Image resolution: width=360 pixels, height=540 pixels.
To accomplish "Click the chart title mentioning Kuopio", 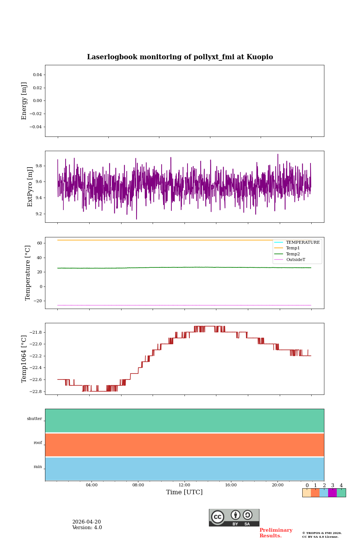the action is point(180,57).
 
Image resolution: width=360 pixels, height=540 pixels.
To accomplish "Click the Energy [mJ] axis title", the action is point(24,101).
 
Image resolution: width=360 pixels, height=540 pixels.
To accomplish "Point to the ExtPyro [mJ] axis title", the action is point(30,187).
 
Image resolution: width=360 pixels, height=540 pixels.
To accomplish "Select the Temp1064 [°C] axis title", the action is point(24,359).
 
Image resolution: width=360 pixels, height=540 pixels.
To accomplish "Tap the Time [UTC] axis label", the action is point(184,492).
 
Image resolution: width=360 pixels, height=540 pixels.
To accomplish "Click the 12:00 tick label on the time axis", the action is point(184,485).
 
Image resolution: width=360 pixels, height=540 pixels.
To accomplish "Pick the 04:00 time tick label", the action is point(91,485).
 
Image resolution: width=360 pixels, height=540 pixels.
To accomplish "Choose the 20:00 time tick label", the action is point(277,485).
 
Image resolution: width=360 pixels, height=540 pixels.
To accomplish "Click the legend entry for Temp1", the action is point(293,248).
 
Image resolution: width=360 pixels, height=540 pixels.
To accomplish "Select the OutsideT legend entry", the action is point(295,259).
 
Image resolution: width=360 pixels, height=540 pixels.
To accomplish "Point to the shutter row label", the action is point(34,418).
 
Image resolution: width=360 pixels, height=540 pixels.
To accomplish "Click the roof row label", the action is point(38,442).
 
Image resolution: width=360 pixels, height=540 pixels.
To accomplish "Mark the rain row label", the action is point(38,466).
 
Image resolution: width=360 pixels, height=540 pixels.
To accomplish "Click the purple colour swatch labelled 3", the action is point(333,493).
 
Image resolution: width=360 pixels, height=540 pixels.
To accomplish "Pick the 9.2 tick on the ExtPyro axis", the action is point(39,214).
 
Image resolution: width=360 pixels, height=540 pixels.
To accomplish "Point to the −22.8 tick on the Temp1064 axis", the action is point(36,391).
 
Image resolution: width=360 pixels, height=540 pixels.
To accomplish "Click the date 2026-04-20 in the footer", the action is point(87,522).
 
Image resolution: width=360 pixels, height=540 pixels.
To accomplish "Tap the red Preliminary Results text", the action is point(276,533).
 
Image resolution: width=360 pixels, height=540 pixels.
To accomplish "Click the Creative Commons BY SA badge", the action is point(234,517).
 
